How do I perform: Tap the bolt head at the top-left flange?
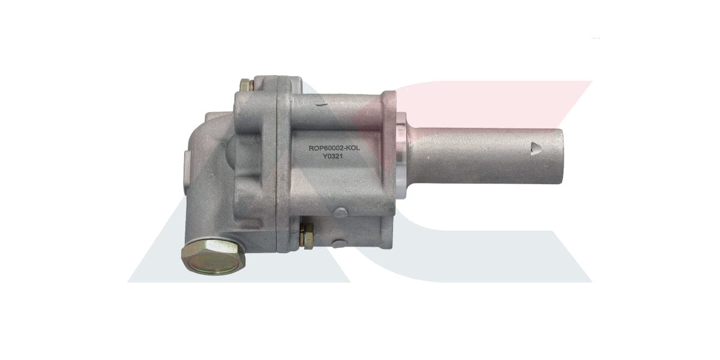click(245, 85)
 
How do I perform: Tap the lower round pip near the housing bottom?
click(340, 211)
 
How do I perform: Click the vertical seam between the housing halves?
click(277, 168)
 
